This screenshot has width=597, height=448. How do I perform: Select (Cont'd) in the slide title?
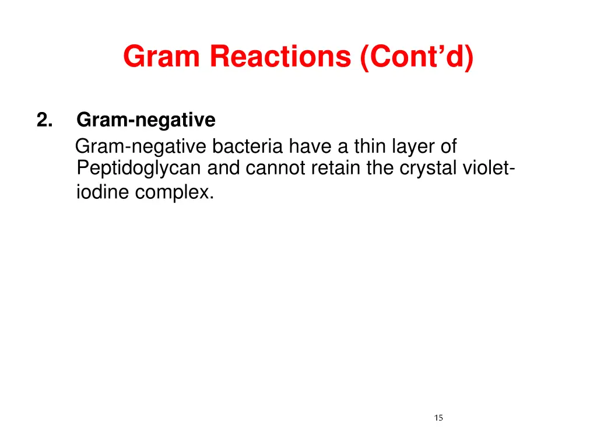click(417, 57)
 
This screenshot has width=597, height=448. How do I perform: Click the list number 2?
click(45, 120)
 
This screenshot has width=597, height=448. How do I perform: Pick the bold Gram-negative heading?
click(146, 120)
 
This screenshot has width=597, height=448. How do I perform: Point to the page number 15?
click(438, 417)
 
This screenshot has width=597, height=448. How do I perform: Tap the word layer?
click(413, 146)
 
